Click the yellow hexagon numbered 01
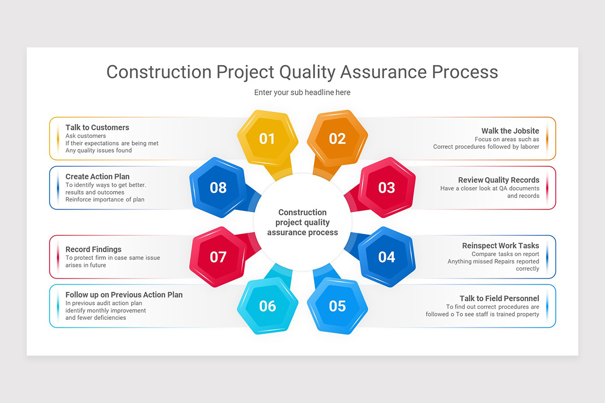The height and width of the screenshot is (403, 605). (267, 139)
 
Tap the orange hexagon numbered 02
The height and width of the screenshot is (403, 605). (337, 139)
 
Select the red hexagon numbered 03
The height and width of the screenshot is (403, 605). (387, 187)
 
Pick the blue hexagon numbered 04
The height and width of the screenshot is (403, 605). (387, 257)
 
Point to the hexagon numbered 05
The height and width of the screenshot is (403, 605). (337, 306)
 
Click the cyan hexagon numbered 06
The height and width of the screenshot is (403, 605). (267, 306)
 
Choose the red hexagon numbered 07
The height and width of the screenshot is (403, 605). (218, 257)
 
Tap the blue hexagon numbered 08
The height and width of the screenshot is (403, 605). (218, 187)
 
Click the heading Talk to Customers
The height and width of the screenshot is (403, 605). (97, 127)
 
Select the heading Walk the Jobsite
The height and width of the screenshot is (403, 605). (510, 131)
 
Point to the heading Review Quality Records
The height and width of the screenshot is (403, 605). (499, 180)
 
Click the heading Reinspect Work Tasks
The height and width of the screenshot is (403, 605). (501, 245)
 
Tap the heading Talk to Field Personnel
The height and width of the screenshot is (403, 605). (499, 298)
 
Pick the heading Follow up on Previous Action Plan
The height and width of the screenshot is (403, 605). (124, 295)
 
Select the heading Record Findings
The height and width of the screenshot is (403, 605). (93, 249)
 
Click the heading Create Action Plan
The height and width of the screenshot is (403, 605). (97, 176)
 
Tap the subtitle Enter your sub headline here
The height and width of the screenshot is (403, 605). (302, 92)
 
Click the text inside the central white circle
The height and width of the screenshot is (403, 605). (302, 222)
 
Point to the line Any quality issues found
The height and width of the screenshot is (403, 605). (99, 150)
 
